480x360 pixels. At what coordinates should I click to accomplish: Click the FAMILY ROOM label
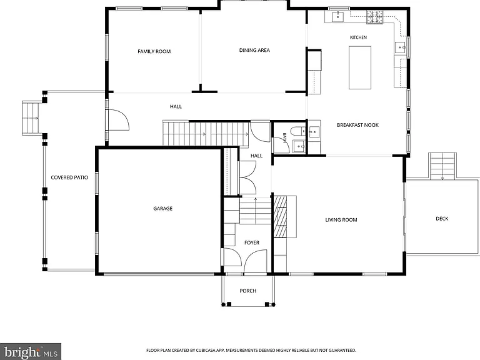[x=154, y=51]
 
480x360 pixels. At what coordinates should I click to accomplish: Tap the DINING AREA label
[x=254, y=50]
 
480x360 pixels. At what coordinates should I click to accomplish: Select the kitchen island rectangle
[x=360, y=67]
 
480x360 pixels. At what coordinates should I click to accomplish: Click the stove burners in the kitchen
[x=375, y=17]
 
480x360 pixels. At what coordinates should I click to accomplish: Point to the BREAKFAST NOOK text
[x=357, y=125]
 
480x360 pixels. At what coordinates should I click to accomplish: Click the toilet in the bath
[x=297, y=131]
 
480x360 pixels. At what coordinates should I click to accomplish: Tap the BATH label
[x=284, y=137]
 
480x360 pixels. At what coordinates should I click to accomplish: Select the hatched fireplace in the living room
[x=280, y=217]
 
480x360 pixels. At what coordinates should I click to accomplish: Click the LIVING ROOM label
[x=341, y=220]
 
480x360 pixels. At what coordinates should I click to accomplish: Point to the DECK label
[x=442, y=219]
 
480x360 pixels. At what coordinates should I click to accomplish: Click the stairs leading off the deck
[x=442, y=166]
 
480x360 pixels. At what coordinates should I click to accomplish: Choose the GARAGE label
[x=162, y=209]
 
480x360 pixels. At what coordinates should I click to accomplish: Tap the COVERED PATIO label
[x=69, y=177]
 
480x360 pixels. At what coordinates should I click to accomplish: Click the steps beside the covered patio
[x=31, y=118]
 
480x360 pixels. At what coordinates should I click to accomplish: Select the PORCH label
[x=247, y=291]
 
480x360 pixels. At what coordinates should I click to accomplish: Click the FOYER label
[x=252, y=242]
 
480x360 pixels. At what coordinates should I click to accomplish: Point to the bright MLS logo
[x=31, y=352]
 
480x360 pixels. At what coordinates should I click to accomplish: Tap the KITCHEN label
[x=358, y=37]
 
